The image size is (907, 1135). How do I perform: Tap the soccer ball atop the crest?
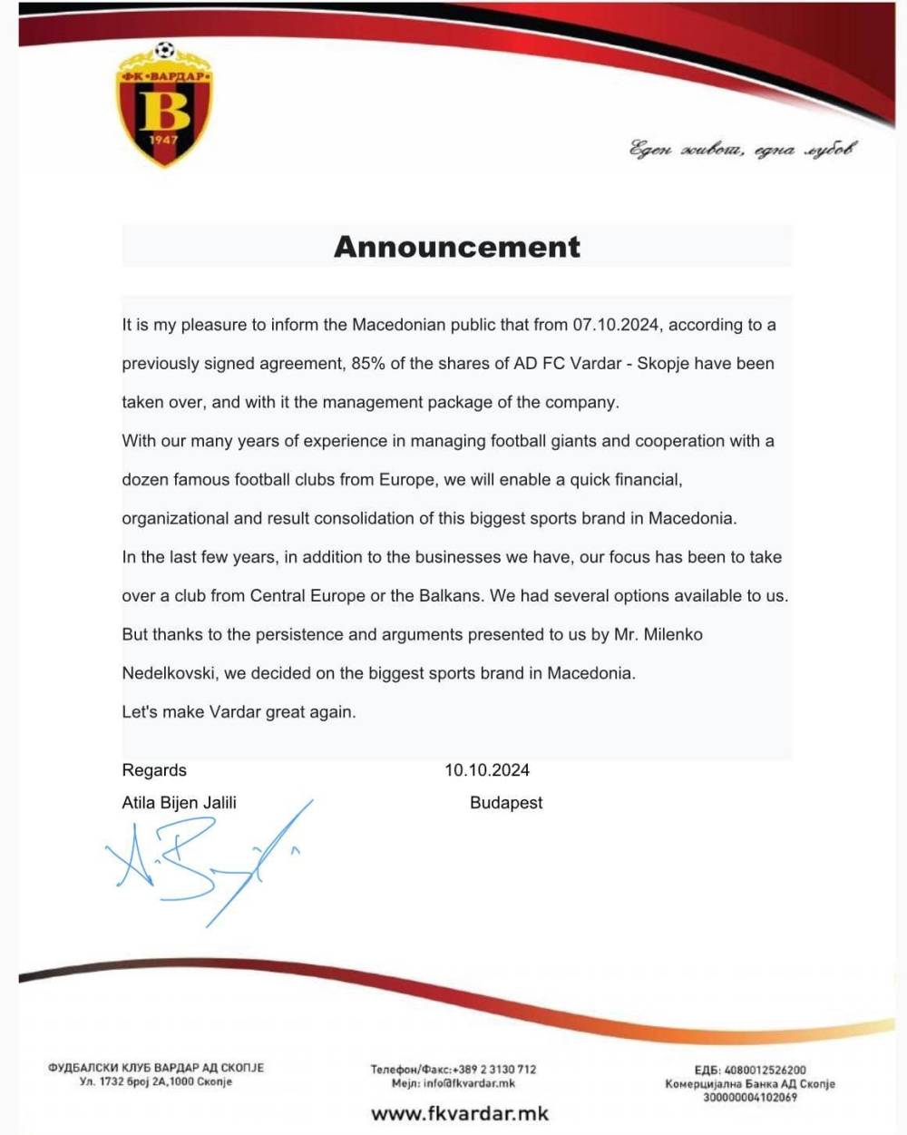pos(164,51)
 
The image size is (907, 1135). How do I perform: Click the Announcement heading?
pos(457,247)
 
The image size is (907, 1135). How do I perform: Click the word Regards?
pos(154,770)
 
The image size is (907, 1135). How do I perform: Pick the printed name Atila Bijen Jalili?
pos(180,803)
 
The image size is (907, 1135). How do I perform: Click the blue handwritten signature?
pos(209,862)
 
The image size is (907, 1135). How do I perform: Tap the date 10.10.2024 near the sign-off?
pos(487,770)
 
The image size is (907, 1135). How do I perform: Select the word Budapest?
pos(506,803)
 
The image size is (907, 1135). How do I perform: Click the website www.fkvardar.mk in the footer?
pos(460,1113)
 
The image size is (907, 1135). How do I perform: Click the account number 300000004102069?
pos(749,1097)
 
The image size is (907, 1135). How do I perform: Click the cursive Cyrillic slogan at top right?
pos(742,150)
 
